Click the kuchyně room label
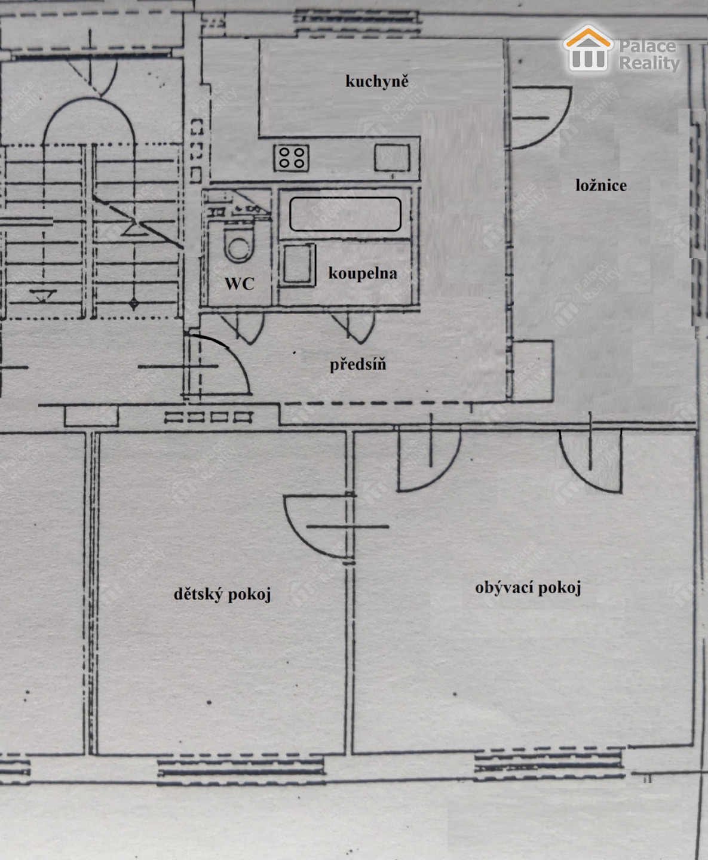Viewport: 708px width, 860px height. (376, 82)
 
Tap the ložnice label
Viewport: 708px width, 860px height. (601, 186)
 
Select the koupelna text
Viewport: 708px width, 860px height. (363, 274)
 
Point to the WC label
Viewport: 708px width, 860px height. (240, 284)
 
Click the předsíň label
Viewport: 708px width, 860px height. (358, 364)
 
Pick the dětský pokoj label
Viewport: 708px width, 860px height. (222, 594)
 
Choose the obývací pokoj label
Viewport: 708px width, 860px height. (528, 588)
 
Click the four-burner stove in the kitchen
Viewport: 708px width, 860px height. (292, 158)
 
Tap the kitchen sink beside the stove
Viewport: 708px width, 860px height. (392, 158)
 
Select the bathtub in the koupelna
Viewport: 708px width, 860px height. (345, 214)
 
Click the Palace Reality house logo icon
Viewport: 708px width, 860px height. (588, 48)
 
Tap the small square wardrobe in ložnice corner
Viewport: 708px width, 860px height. (533, 371)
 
